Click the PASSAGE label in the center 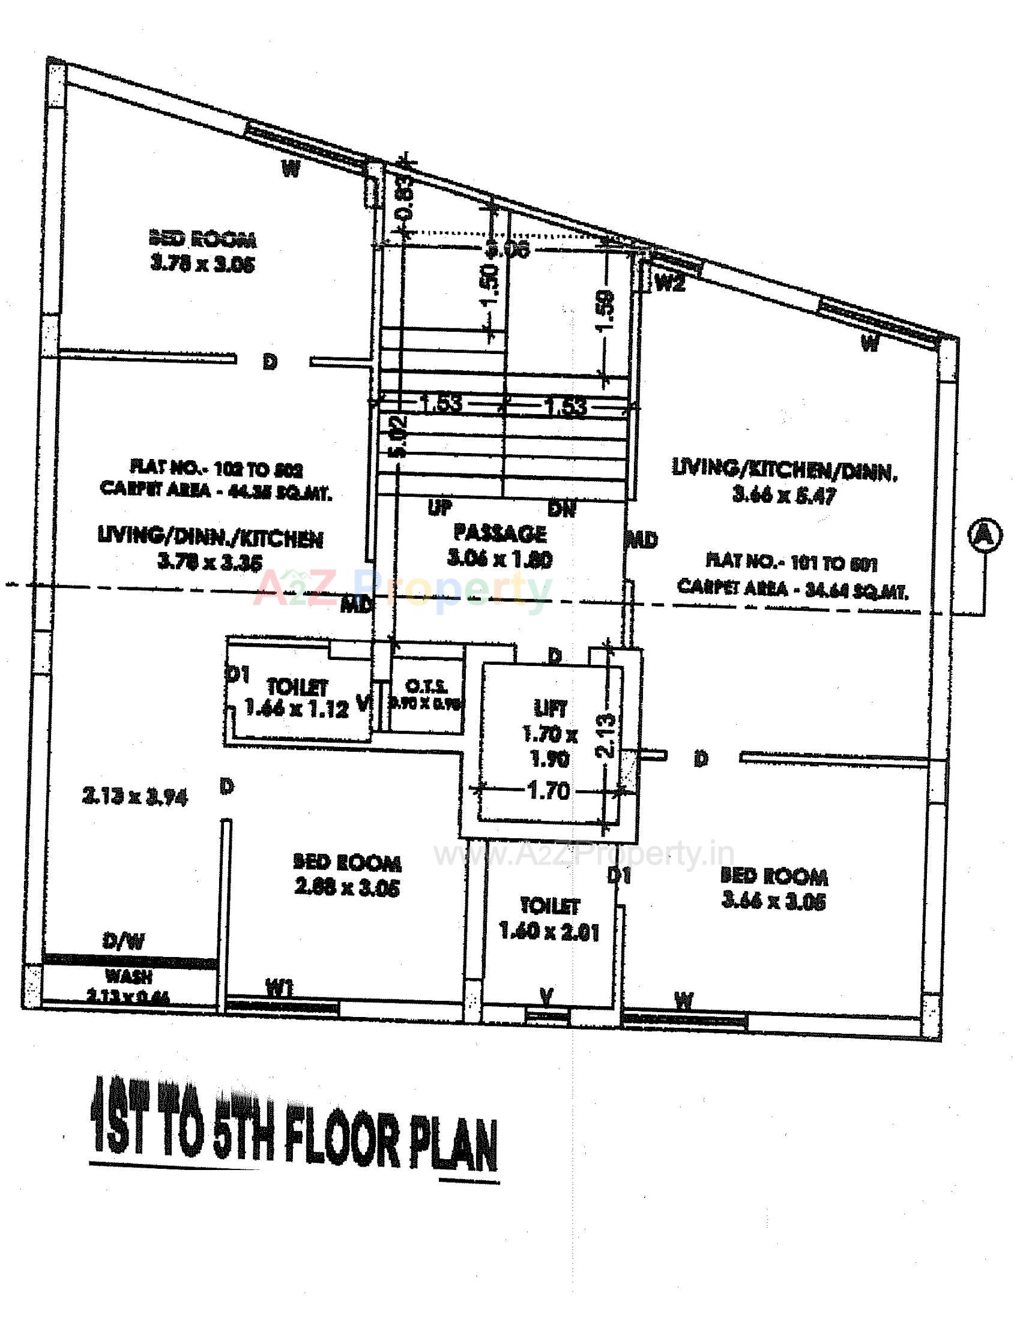[x=499, y=533]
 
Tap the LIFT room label [x=549, y=708]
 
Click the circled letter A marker [x=985, y=534]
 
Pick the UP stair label [x=440, y=507]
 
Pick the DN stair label [x=562, y=508]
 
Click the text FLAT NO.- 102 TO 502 [x=216, y=469]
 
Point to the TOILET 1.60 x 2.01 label [x=549, y=921]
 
